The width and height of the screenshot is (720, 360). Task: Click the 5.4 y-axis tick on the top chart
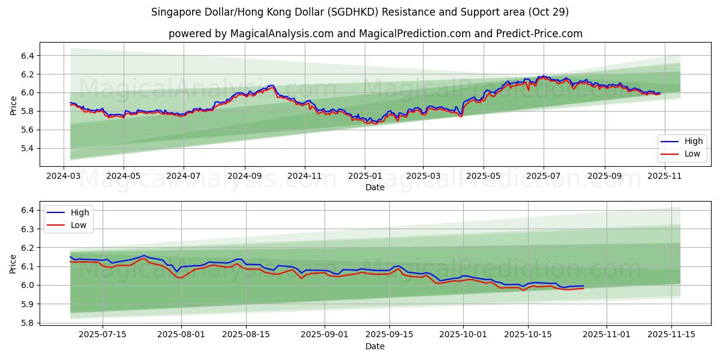(28, 148)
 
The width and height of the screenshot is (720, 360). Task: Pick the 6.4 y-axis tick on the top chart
(28, 56)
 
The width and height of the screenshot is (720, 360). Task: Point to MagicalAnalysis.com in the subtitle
(281, 34)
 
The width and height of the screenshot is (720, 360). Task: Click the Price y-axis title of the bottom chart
(13, 263)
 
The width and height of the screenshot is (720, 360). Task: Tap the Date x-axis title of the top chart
(375, 187)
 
